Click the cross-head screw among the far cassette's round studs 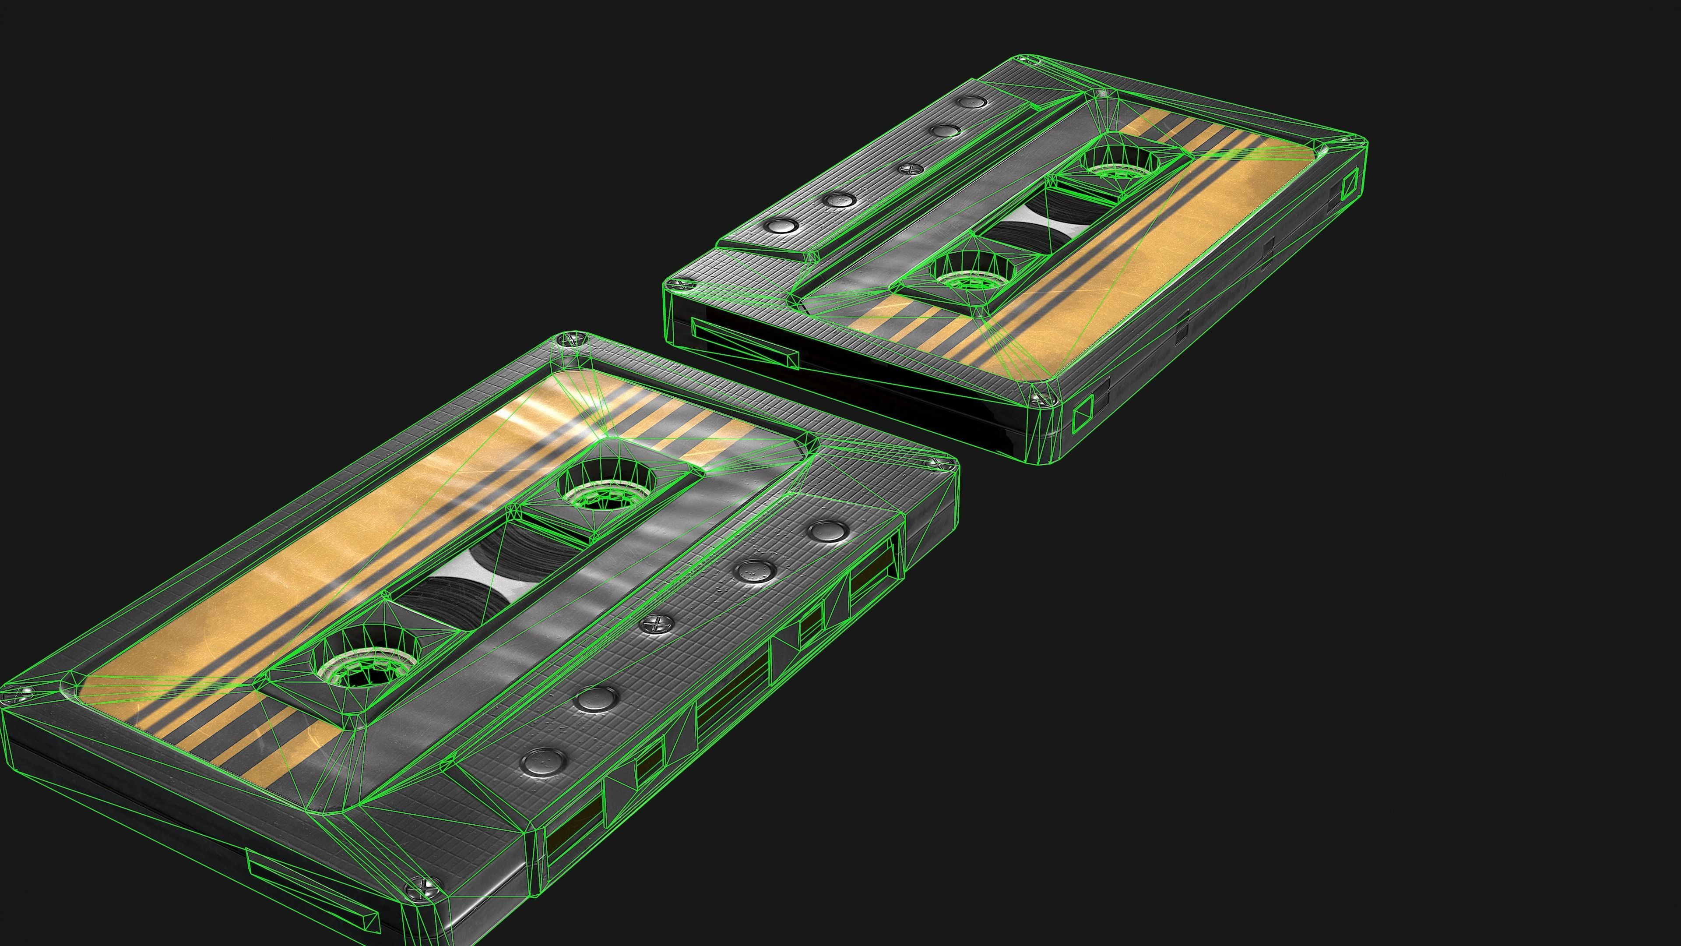[907, 169]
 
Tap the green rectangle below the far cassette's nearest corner [1083, 415]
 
